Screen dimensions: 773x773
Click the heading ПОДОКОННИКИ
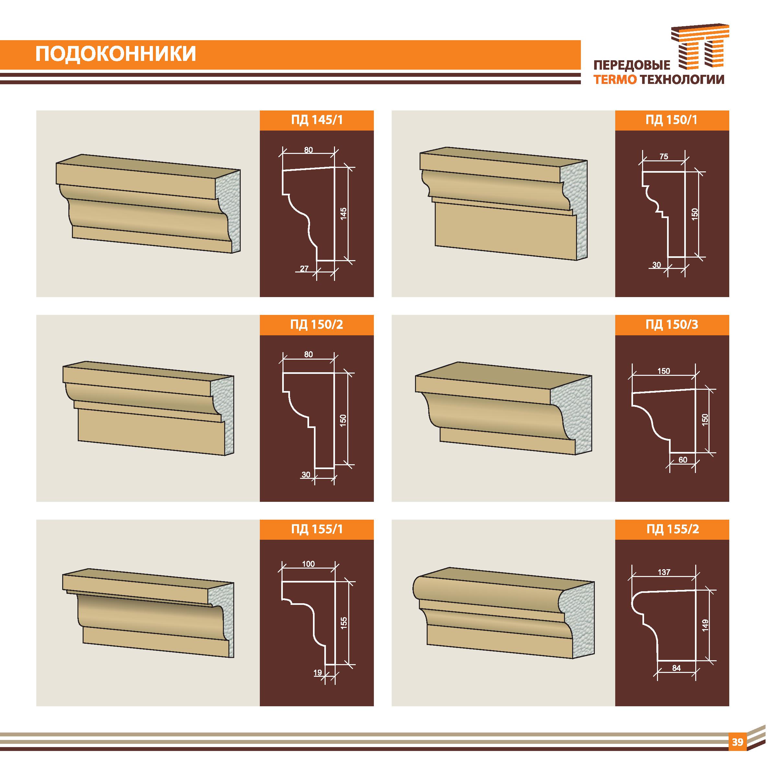pyautogui.click(x=116, y=54)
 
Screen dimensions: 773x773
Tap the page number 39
pyautogui.click(x=737, y=742)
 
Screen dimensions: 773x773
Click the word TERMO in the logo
pyautogui.click(x=615, y=80)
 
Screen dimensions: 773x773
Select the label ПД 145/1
pyautogui.click(x=317, y=120)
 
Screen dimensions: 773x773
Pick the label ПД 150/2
pyautogui.click(x=317, y=325)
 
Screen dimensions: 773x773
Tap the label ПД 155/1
pyautogui.click(x=317, y=529)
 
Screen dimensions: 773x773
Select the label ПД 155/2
pyautogui.click(x=673, y=529)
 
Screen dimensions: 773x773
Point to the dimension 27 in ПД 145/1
pyautogui.click(x=304, y=269)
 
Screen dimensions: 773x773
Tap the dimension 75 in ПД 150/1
pyautogui.click(x=663, y=156)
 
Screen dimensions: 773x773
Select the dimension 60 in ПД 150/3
pyautogui.click(x=683, y=460)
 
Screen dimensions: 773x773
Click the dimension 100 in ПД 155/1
pyautogui.click(x=308, y=564)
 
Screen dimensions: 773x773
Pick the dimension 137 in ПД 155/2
pyautogui.click(x=664, y=572)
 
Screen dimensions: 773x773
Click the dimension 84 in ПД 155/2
pyautogui.click(x=676, y=668)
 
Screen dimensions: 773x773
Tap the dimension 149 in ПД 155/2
pyautogui.click(x=705, y=625)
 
